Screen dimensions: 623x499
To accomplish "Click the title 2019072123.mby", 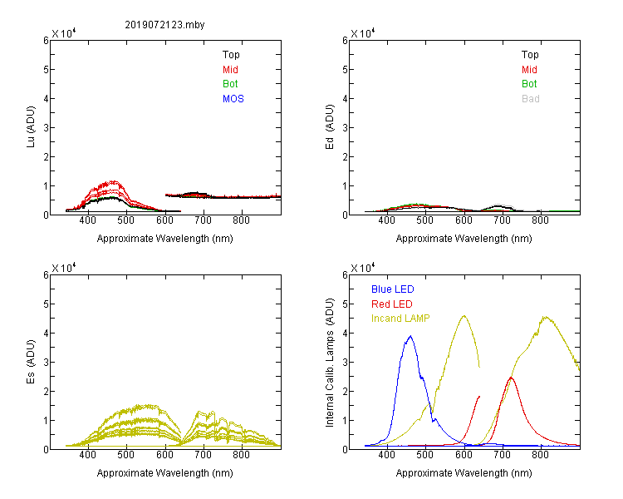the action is pos(164,25).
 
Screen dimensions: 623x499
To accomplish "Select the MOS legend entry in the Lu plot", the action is pos(233,99).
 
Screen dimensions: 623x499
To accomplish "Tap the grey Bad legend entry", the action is pos(531,99).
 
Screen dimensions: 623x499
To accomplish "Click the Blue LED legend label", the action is pos(393,289).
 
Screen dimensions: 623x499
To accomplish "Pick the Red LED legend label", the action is pos(392,304).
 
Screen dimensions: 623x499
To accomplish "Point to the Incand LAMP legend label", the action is pos(400,319).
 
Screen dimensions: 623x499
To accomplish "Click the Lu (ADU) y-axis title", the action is pos(31,127).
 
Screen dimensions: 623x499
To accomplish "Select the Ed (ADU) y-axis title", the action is pos(330,127).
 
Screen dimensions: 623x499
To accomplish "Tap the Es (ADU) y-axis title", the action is pos(31,362).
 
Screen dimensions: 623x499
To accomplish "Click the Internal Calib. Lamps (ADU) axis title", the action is pos(330,363).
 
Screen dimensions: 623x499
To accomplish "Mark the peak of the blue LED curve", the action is pos(410,336).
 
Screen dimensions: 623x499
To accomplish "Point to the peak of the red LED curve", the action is pos(511,378).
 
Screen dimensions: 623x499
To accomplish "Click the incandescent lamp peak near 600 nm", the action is pos(464,316).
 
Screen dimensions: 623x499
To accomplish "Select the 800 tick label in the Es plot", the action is pos(241,455).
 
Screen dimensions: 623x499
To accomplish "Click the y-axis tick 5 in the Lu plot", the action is pos(46,70).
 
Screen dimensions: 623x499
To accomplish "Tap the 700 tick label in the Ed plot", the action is pos(503,220).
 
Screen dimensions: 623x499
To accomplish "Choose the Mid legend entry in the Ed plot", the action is pos(529,70).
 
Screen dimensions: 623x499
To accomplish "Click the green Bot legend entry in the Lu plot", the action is pos(230,84).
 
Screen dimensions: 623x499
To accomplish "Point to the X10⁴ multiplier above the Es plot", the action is pos(64,268).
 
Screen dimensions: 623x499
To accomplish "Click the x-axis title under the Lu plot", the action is pos(165,239).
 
